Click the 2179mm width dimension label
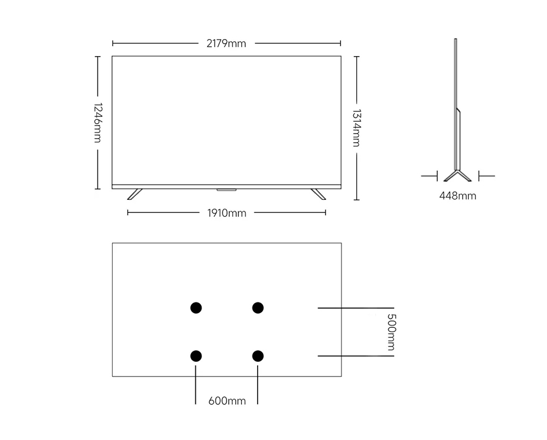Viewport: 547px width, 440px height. pos(227,44)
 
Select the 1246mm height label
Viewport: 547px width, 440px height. pos(97,123)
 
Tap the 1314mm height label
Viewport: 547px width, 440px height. pos(356,128)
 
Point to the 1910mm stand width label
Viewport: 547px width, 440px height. pos(227,213)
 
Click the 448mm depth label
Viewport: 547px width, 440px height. pos(458,196)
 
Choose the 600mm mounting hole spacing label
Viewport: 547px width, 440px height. pos(227,401)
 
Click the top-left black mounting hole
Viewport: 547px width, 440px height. pos(196,307)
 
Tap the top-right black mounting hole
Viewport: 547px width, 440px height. pos(258,307)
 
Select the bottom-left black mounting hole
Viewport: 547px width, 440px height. pos(196,356)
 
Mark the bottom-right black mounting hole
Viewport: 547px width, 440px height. pos(258,356)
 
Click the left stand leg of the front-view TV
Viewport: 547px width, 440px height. pos(135,194)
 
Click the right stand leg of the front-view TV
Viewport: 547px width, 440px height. pos(318,194)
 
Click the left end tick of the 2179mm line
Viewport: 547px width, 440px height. pos(113,43)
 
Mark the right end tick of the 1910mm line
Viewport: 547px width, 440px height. pos(326,212)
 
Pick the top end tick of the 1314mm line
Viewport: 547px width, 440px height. pos(356,56)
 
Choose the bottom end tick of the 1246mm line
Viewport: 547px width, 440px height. pos(97,189)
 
